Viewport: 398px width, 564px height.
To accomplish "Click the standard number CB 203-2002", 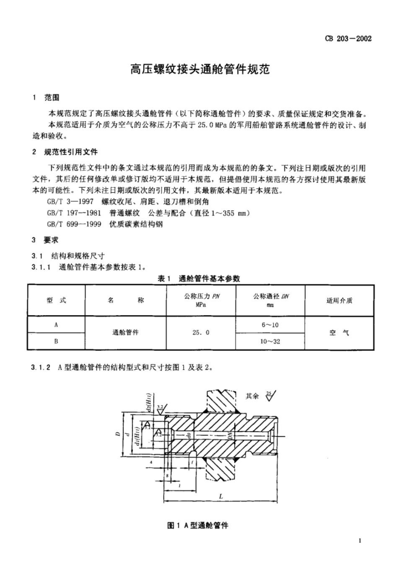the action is point(348,39).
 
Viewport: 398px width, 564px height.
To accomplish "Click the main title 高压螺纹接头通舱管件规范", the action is point(199,69).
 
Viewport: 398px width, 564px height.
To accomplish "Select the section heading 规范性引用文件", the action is point(71,152).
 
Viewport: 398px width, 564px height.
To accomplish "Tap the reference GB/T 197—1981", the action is point(74,213).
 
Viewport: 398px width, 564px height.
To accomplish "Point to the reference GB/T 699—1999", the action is point(74,224).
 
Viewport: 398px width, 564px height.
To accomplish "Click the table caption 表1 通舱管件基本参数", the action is point(199,278).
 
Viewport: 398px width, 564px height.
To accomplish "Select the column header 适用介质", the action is point(339,300).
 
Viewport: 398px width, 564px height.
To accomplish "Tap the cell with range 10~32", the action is point(270,342).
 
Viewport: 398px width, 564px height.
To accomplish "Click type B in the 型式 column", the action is point(56,342).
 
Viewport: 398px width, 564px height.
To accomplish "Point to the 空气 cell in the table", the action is point(339,333).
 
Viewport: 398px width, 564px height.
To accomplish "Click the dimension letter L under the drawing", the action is point(221,496).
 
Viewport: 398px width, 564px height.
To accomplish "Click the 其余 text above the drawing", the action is point(252,396).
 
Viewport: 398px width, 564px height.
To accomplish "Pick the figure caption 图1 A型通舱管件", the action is point(198,525).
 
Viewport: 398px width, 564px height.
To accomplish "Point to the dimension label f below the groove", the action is point(192,463).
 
